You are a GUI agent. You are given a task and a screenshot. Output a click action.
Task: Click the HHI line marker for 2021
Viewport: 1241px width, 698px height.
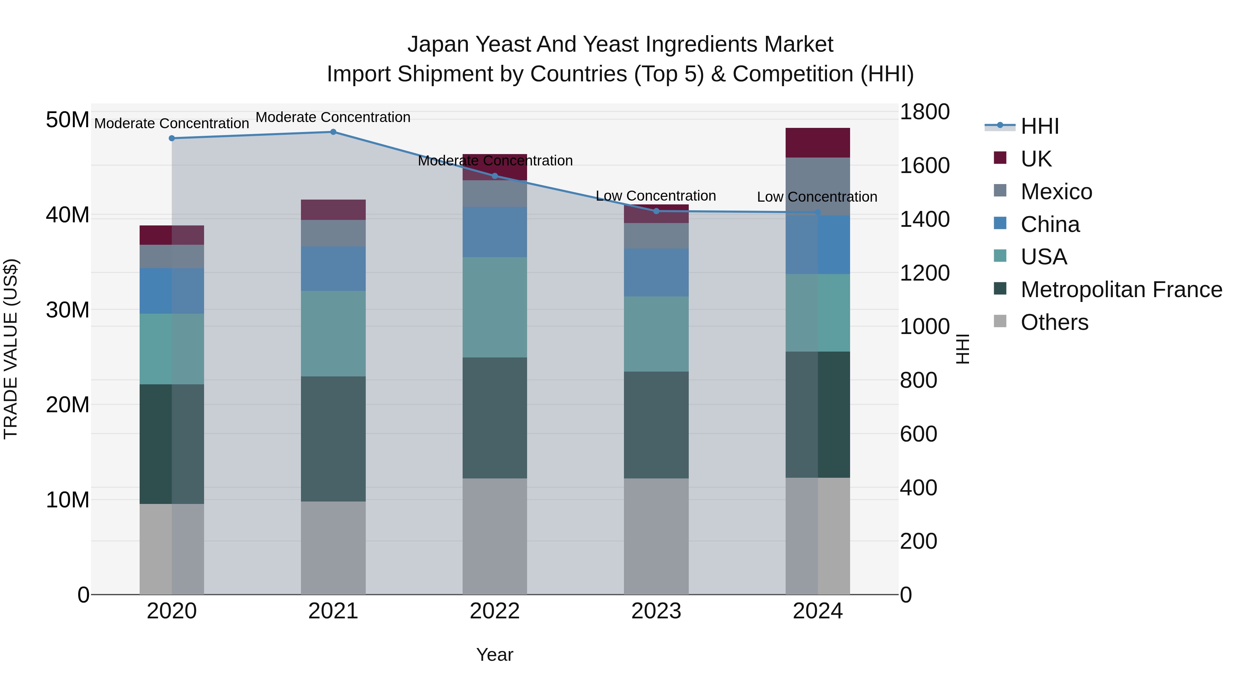pos(333,132)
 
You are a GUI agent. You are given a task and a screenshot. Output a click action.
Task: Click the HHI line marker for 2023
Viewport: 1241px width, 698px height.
pos(656,211)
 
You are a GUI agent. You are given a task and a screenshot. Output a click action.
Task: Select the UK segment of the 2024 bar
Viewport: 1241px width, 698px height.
pos(818,143)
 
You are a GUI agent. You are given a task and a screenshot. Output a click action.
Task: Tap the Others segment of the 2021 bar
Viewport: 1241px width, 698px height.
pos(333,548)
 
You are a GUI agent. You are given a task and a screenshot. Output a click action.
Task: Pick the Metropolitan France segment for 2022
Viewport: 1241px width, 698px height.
pos(494,418)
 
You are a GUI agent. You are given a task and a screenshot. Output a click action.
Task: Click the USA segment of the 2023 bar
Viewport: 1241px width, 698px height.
pos(656,334)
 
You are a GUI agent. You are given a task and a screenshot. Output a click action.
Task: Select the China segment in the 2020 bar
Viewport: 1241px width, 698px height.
pos(172,291)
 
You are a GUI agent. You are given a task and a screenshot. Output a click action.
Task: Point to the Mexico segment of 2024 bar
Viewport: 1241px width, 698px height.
pos(818,186)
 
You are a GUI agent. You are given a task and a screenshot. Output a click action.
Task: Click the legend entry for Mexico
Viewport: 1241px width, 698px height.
pos(1056,192)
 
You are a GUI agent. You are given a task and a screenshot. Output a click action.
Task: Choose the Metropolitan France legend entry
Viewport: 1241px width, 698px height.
pos(1121,290)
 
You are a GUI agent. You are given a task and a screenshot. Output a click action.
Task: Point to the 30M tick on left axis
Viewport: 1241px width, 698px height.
pos(68,310)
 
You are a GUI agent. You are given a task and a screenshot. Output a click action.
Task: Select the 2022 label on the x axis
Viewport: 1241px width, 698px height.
pos(494,611)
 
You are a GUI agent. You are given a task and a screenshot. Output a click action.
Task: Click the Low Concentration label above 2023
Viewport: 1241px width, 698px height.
pos(656,196)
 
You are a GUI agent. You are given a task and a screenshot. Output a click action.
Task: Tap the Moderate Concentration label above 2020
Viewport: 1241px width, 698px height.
pos(172,123)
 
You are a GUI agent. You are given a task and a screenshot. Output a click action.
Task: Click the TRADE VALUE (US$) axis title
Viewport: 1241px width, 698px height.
pos(11,349)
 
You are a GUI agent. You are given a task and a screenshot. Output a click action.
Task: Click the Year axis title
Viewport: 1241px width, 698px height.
pos(494,655)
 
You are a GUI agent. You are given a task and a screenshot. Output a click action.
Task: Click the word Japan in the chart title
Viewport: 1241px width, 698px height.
pos(437,44)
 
